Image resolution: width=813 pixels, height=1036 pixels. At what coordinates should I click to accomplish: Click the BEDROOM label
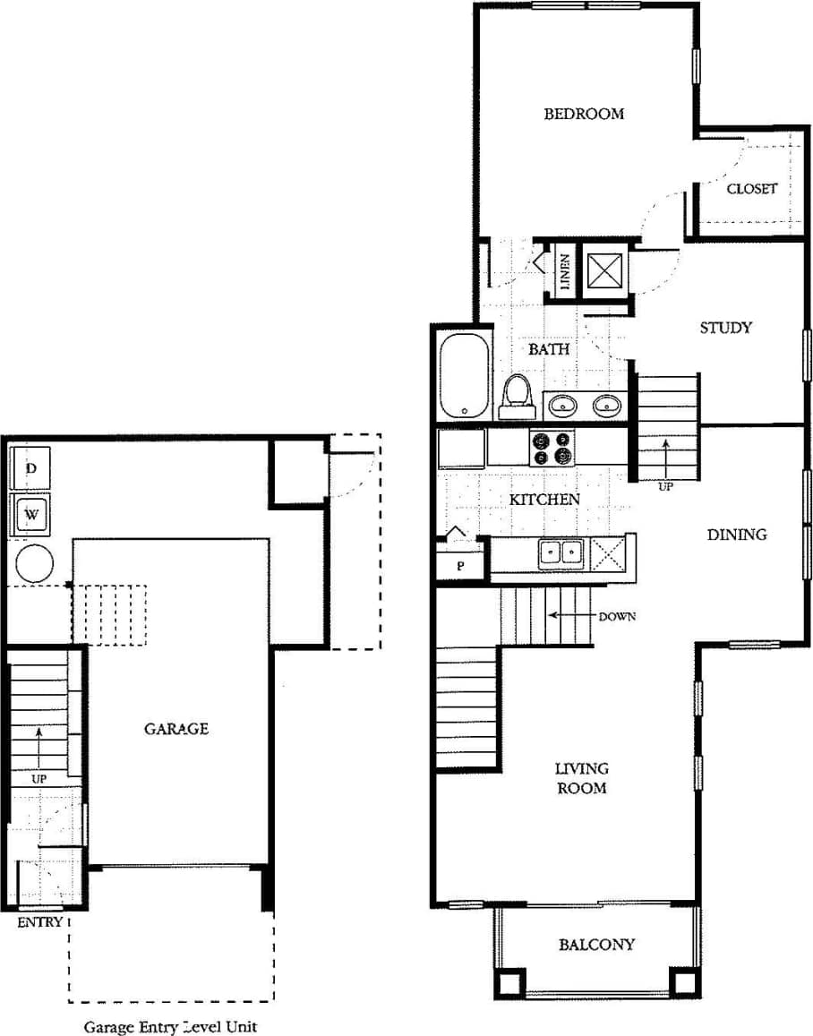pyautogui.click(x=584, y=114)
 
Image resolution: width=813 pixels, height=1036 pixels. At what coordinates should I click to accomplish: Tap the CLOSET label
pyautogui.click(x=751, y=189)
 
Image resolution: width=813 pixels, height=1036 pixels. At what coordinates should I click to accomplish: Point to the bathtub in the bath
pyautogui.click(x=464, y=376)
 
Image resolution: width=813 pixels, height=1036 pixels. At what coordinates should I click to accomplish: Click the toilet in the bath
pyautogui.click(x=517, y=396)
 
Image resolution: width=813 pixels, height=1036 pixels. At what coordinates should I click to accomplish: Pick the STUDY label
pyautogui.click(x=725, y=328)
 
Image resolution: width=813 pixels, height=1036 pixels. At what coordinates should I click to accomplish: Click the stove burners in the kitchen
pyautogui.click(x=551, y=448)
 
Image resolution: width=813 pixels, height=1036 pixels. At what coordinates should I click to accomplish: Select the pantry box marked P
pyautogui.click(x=460, y=565)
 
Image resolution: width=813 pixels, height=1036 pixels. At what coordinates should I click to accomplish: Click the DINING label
pyautogui.click(x=737, y=535)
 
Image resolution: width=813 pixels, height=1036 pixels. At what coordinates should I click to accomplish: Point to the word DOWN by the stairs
pyautogui.click(x=616, y=616)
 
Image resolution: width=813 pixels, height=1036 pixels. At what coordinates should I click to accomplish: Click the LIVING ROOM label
pyautogui.click(x=581, y=778)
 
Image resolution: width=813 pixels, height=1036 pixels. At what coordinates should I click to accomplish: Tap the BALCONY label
pyautogui.click(x=596, y=944)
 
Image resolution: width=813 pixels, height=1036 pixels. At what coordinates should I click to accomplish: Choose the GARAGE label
pyautogui.click(x=176, y=729)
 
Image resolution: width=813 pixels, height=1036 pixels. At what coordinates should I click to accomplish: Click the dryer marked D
pyautogui.click(x=30, y=468)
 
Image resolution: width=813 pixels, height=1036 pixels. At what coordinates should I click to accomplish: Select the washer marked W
pyautogui.click(x=31, y=515)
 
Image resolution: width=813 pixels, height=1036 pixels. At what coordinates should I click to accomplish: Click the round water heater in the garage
pyautogui.click(x=34, y=563)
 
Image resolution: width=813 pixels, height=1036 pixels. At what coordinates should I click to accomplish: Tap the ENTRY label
pyautogui.click(x=40, y=922)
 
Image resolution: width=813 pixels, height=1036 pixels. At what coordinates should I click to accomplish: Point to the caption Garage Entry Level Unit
pyautogui.click(x=170, y=1027)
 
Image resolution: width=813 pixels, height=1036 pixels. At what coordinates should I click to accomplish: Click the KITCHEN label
pyautogui.click(x=544, y=500)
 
